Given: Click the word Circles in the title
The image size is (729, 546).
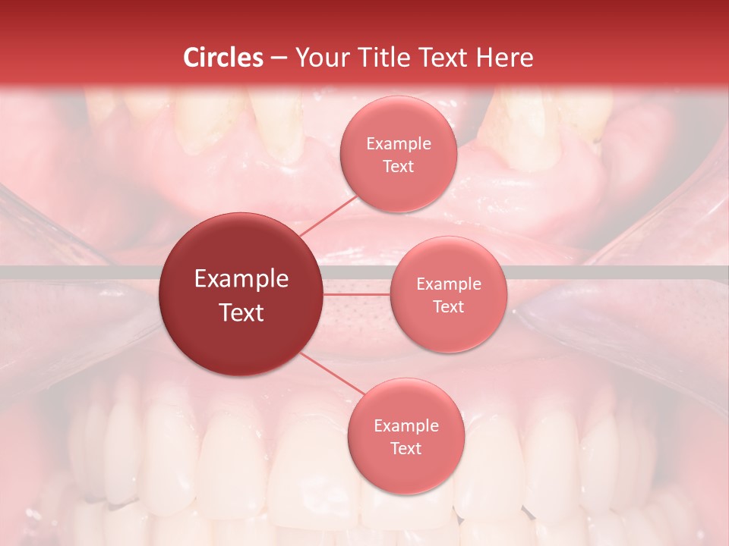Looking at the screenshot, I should [223, 58].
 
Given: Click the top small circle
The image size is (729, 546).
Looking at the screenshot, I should [398, 154].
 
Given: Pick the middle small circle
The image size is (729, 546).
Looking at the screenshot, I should [448, 294].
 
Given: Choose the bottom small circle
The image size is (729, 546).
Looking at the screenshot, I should [406, 436].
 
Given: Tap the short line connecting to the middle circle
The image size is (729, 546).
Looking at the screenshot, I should [357, 294].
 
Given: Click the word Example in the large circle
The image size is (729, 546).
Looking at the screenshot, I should [241, 279].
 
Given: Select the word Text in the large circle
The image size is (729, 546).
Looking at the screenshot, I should [241, 312].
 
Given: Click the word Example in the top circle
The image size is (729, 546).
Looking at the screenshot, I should [398, 143].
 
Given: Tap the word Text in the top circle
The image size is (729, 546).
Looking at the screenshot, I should [398, 166].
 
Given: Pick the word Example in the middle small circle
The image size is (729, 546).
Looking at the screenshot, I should [448, 284].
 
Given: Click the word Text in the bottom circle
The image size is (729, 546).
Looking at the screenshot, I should [406, 448].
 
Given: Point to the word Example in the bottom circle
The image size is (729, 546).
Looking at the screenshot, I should [406, 425].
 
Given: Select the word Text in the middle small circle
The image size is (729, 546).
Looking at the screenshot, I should [448, 306].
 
